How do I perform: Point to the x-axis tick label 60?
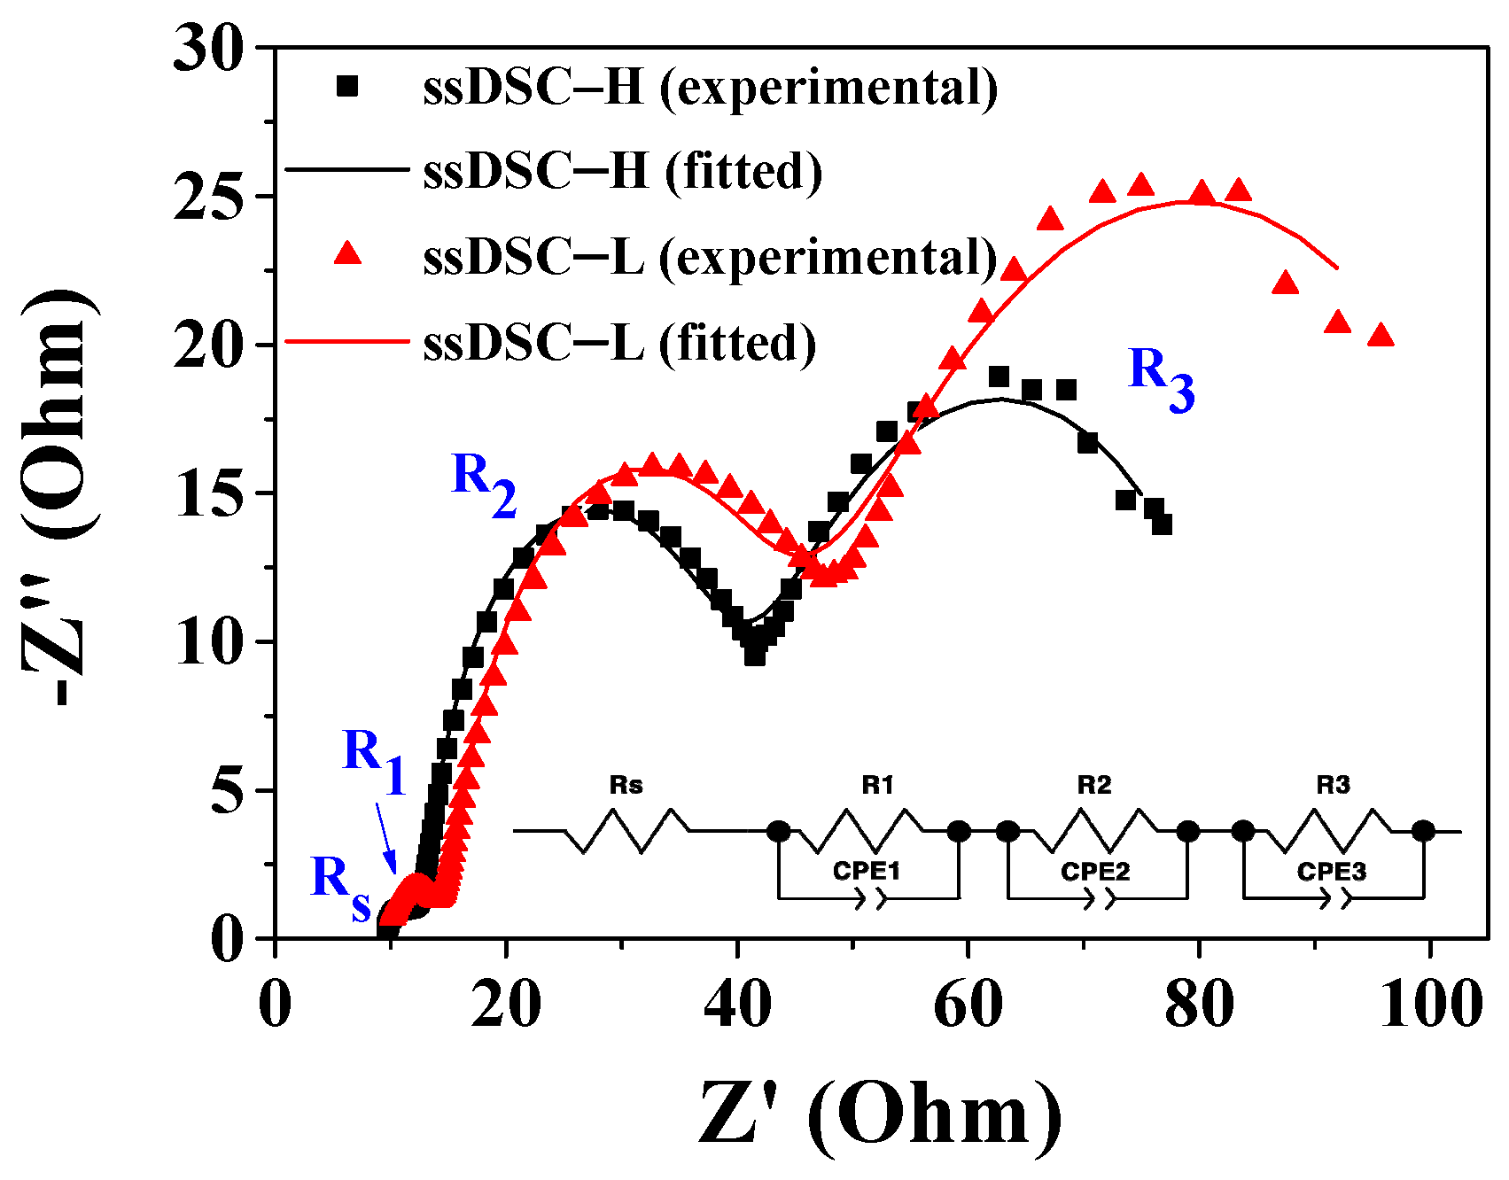(x=968, y=1005)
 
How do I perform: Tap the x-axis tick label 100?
(x=1430, y=1005)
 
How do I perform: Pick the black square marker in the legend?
(x=347, y=86)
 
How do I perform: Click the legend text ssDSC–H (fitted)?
(x=622, y=170)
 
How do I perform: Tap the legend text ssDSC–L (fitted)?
(x=619, y=342)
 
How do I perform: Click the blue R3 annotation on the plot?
(x=1161, y=378)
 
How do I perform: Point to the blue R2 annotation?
(x=484, y=484)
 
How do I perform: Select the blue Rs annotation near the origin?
(x=340, y=887)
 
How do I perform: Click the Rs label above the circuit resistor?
(x=626, y=785)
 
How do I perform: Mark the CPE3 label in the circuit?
(x=1331, y=872)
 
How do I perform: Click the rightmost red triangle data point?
(x=1381, y=335)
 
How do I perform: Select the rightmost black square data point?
(x=1163, y=524)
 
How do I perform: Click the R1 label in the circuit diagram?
(x=877, y=785)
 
